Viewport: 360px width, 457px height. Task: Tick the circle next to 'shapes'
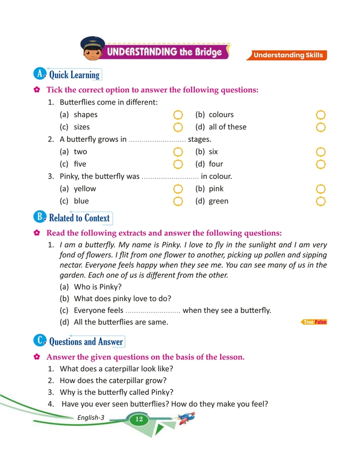click(179, 115)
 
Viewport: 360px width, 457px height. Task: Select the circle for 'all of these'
click(321, 127)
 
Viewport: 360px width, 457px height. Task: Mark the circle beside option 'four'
click(321, 164)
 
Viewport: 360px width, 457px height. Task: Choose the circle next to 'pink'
click(321, 189)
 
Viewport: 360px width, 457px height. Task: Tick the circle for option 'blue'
click(179, 201)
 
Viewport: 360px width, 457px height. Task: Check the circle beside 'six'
click(321, 152)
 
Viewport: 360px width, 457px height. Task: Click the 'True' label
click(309, 322)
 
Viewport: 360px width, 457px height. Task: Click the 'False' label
click(321, 322)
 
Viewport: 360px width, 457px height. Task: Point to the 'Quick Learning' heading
click(74, 75)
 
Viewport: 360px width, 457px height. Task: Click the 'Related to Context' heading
click(79, 219)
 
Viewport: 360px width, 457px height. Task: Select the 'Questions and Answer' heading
click(86, 342)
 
